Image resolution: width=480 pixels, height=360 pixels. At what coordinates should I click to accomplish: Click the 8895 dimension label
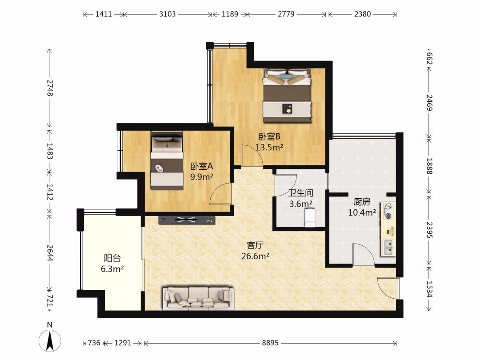[x=270, y=343]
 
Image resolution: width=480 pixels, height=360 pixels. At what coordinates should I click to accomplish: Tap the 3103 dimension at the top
[x=168, y=14]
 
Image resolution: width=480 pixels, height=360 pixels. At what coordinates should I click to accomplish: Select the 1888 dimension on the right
[x=429, y=166]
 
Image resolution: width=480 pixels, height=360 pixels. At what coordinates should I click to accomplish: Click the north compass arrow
[x=50, y=340]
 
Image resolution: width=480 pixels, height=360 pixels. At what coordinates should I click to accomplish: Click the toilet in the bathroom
[x=310, y=218]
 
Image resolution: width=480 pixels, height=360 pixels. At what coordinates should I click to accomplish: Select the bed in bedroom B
[x=287, y=96]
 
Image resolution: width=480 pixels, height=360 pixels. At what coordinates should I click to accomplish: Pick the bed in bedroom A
[x=167, y=160]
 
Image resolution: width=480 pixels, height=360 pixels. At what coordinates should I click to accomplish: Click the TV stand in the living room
[x=187, y=219]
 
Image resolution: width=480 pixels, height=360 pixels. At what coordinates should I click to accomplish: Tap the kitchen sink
[x=388, y=248]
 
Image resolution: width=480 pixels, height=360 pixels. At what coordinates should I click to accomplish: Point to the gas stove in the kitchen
[x=388, y=211]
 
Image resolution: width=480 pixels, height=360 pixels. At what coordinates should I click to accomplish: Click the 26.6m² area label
[x=255, y=256]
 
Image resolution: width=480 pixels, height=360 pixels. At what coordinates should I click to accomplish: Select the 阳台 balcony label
[x=112, y=258]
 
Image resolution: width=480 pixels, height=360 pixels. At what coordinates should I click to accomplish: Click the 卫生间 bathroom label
[x=301, y=193]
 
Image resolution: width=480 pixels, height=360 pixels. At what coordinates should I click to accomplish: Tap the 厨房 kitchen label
[x=362, y=202]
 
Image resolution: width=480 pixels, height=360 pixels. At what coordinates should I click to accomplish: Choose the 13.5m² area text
[x=269, y=147]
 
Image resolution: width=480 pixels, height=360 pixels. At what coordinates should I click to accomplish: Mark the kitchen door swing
[x=364, y=254]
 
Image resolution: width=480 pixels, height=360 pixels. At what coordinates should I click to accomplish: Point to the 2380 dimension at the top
[x=363, y=14]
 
